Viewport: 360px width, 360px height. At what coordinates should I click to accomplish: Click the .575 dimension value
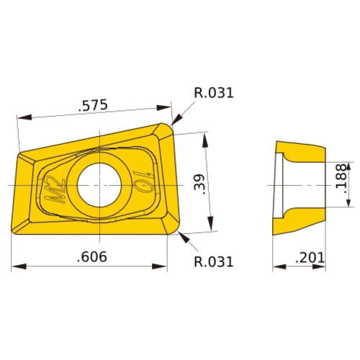pos(93,105)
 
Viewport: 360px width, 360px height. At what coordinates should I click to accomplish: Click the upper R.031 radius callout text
pos(214,92)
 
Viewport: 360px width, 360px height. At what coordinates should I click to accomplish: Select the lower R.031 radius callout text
pos(214,262)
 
